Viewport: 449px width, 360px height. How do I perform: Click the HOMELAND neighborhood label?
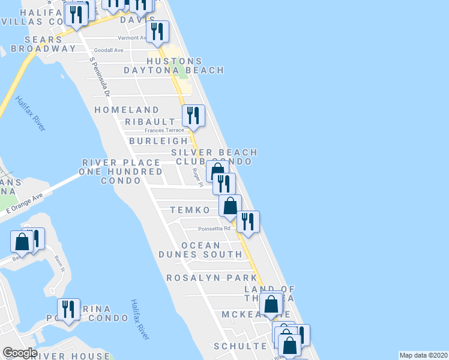tap(127, 110)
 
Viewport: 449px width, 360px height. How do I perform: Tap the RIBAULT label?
tap(150, 121)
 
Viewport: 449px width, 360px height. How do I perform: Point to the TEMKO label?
tap(190, 210)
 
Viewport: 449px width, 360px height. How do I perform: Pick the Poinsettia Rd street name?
tap(214, 229)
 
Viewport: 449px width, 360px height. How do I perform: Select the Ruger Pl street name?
tap(196, 176)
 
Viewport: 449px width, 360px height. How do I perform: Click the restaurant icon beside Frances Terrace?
tap(193, 115)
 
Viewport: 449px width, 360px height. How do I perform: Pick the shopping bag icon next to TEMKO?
tap(230, 206)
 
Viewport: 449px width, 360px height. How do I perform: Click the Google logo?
tap(20, 353)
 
